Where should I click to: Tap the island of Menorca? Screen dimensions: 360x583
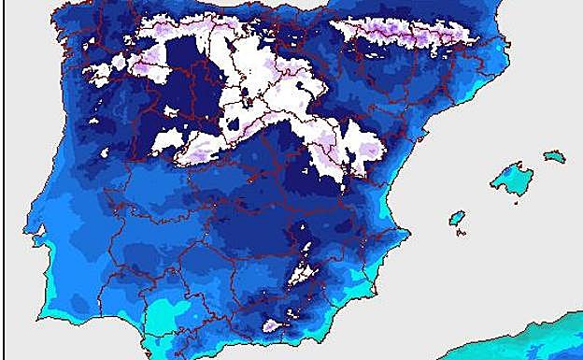555,155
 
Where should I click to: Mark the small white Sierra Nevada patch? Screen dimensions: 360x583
274,325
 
